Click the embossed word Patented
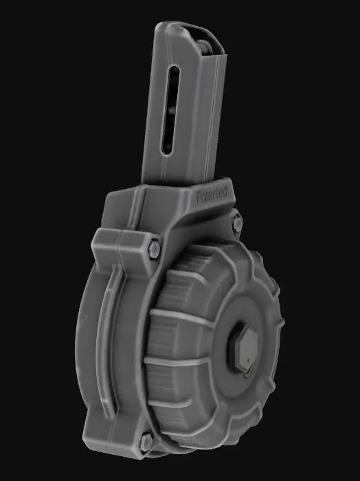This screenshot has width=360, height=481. [215, 196]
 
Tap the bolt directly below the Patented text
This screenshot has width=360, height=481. [237, 223]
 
